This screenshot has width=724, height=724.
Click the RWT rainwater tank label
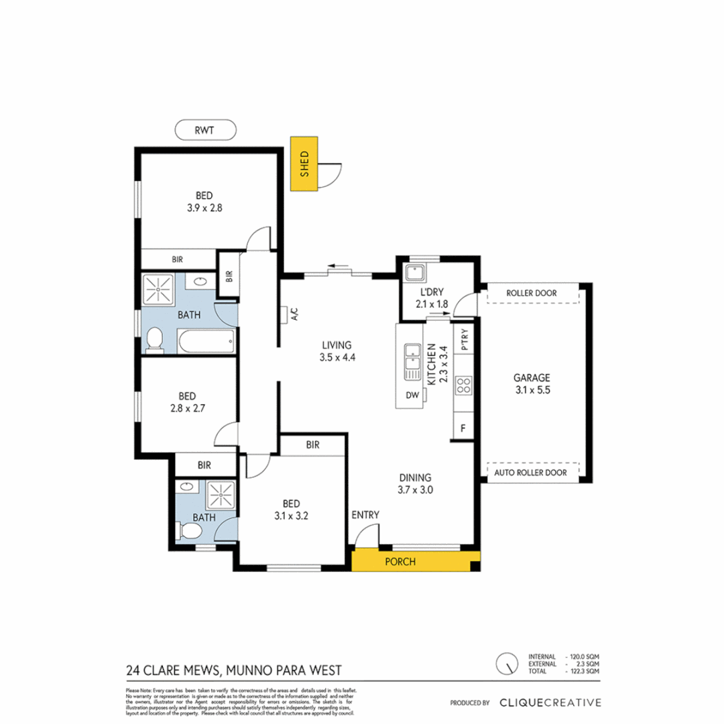click(x=204, y=130)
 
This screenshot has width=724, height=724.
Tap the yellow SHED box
click(x=304, y=164)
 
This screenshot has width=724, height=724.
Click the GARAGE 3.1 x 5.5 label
click(x=531, y=383)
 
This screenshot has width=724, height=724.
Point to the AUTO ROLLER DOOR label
click(x=531, y=473)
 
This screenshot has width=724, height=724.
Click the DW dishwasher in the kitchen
click(x=412, y=395)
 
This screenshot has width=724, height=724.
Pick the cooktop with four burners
click(x=463, y=385)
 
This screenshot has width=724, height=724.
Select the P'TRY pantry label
click(x=463, y=339)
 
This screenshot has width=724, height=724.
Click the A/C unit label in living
click(x=293, y=314)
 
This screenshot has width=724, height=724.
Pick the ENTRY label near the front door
click(x=365, y=515)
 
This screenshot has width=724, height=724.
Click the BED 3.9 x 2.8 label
click(x=204, y=202)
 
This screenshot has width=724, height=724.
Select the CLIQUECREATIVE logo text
click(x=550, y=703)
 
